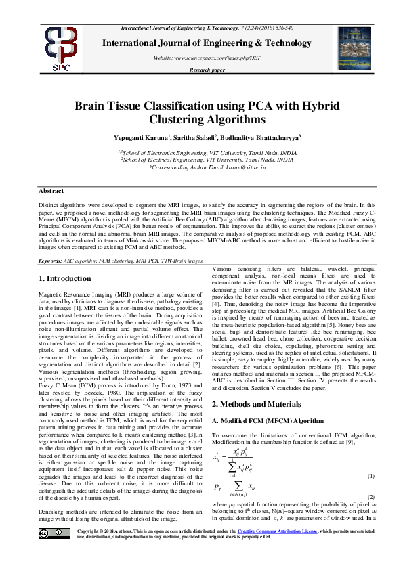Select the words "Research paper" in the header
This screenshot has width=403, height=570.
pos(207,70)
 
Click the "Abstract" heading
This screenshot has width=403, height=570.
pos(51,191)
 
